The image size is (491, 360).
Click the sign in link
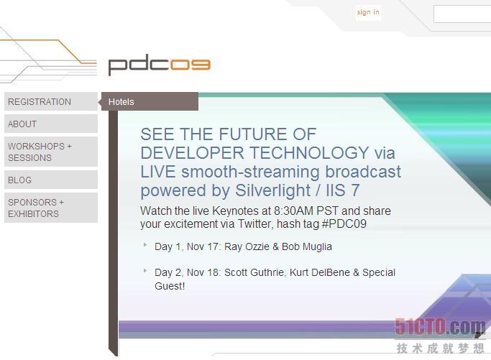pyautogui.click(x=368, y=12)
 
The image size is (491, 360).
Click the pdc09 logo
pyautogui.click(x=160, y=65)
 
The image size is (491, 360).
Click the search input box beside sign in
pyautogui.click(x=462, y=14)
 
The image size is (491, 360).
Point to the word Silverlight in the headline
pyautogui.click(x=272, y=190)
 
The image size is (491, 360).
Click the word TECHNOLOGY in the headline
pyautogui.click(x=310, y=153)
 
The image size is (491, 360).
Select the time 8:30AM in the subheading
pyautogui.click(x=294, y=211)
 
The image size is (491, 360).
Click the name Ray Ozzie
pyautogui.click(x=247, y=246)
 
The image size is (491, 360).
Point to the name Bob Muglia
pyautogui.click(x=307, y=246)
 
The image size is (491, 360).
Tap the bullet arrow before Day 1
pyautogui.click(x=145, y=245)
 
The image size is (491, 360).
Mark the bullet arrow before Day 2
pyautogui.click(x=145, y=270)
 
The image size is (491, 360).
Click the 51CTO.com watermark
pyautogui.click(x=440, y=327)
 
